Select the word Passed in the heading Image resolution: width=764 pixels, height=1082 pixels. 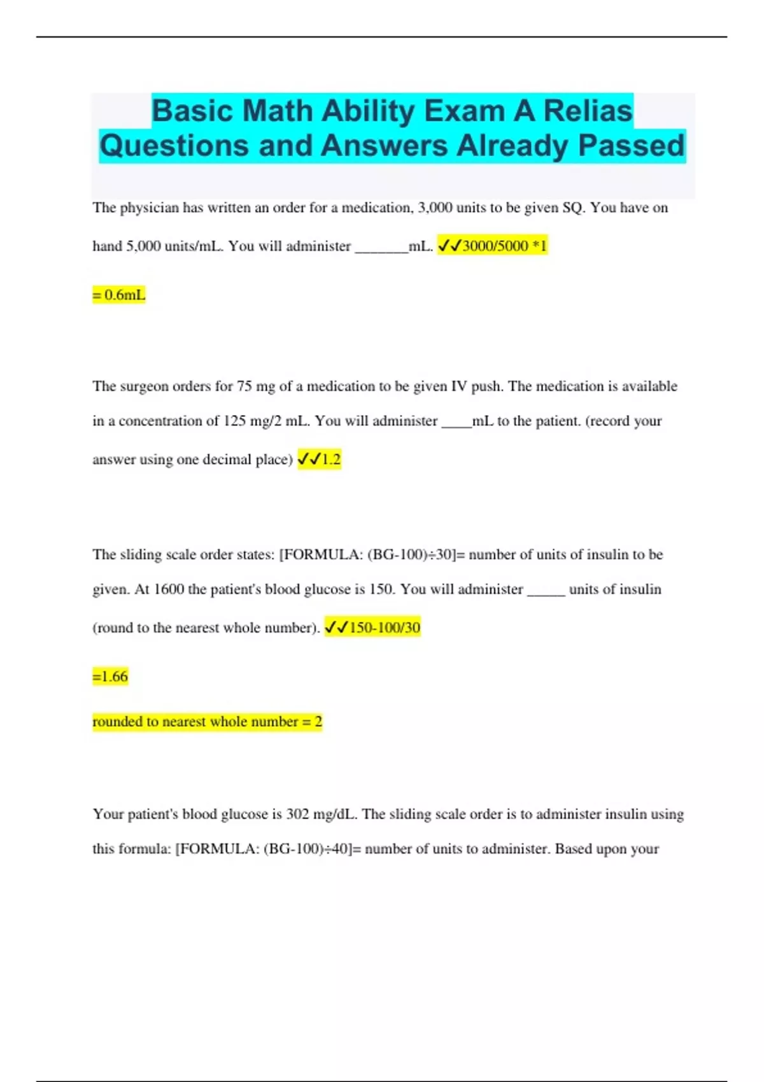tap(631, 146)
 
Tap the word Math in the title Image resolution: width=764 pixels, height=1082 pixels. tap(278, 111)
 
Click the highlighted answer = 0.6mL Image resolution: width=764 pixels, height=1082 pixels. tap(119, 295)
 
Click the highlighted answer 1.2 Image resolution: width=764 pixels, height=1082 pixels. tap(331, 460)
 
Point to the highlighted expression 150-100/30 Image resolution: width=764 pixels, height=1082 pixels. tap(384, 628)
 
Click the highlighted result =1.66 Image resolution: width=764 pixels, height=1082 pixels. tap(110, 677)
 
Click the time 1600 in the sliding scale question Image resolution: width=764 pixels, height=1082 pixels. tap(169, 589)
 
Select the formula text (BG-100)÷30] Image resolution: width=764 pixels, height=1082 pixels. tap(413, 554)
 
